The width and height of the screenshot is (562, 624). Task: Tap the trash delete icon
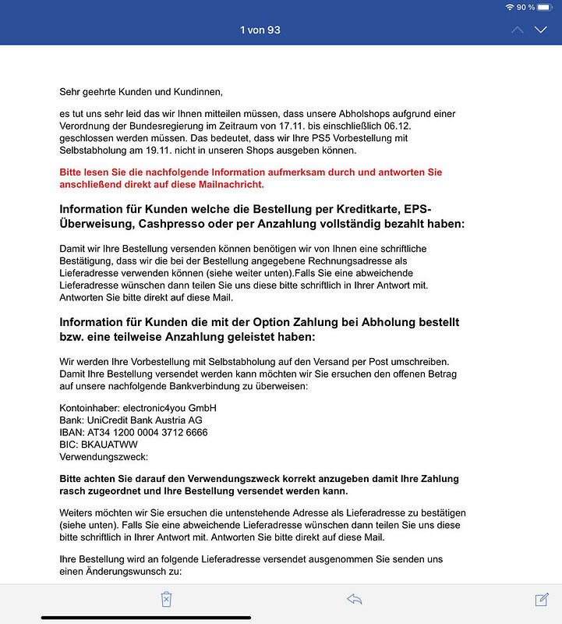(166, 599)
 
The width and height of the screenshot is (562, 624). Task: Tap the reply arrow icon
(355, 599)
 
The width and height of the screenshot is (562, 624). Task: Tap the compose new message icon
(542, 599)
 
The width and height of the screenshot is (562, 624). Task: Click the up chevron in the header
(518, 30)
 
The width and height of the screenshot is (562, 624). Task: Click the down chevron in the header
(541, 30)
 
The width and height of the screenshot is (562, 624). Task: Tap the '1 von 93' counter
(260, 30)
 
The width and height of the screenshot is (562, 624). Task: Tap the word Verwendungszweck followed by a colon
(104, 456)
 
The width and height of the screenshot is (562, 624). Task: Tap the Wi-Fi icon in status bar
(510, 7)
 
